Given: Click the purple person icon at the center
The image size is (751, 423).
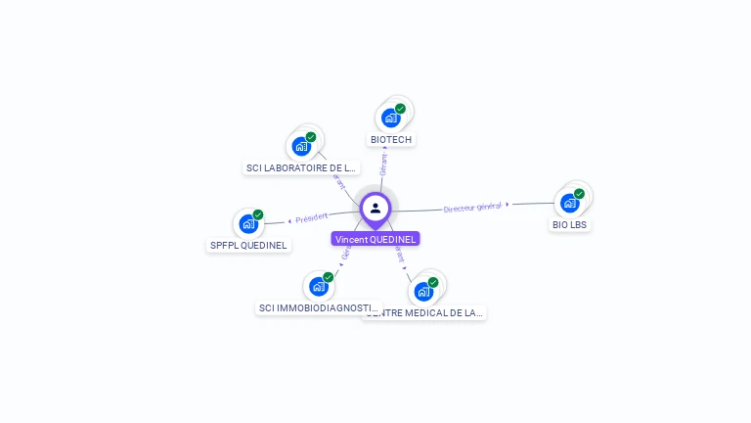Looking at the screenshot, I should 375,208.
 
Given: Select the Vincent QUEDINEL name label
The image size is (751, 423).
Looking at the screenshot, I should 375,239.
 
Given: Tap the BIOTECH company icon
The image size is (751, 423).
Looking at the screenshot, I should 391,118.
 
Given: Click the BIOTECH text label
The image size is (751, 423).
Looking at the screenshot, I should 391,140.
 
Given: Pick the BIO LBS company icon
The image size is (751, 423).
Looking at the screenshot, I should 569,204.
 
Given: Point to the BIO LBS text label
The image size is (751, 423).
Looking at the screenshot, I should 570,225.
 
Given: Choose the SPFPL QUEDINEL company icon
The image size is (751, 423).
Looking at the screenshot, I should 248,224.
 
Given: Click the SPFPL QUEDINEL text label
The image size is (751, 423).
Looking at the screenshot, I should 249,246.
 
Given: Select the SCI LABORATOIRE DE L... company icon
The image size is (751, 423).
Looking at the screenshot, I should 301,147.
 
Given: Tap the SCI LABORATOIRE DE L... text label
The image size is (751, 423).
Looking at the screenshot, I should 301,168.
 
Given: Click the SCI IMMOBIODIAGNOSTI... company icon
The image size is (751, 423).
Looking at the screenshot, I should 318,287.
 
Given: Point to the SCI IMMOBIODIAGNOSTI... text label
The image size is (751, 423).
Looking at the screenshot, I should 318,308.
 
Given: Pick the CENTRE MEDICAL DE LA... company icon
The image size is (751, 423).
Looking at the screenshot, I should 423,292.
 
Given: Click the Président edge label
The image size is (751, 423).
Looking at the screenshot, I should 312,217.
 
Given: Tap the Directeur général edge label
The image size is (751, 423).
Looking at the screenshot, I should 472,207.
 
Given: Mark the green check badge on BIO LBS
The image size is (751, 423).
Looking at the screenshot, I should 579,194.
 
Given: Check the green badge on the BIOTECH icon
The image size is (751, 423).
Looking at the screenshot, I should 400,109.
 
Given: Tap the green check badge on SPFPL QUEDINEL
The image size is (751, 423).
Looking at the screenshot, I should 258,214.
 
